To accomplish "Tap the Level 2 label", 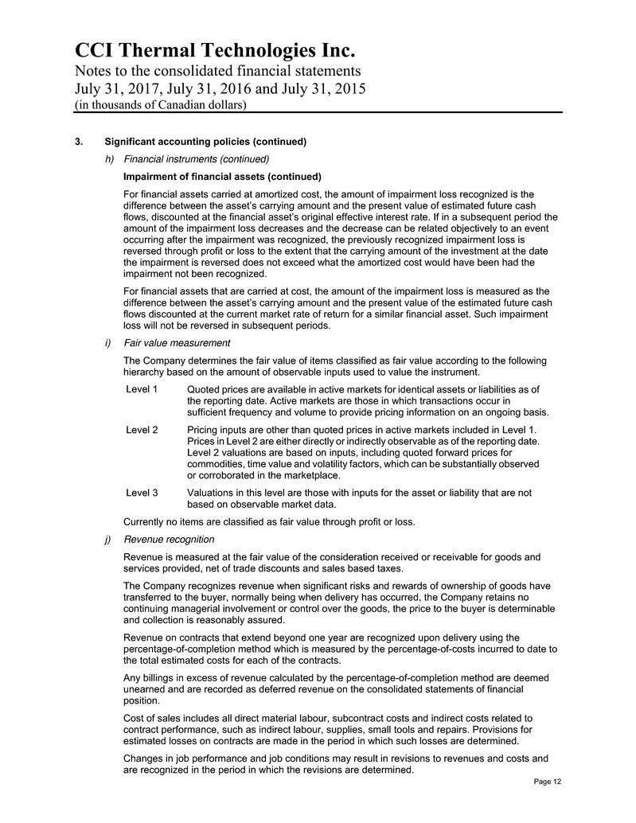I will coord(142,430).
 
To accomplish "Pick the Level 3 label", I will coord(142,493).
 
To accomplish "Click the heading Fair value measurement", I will coord(177,343).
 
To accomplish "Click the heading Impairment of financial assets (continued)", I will coord(222,176).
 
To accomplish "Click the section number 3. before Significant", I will coord(77,142).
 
